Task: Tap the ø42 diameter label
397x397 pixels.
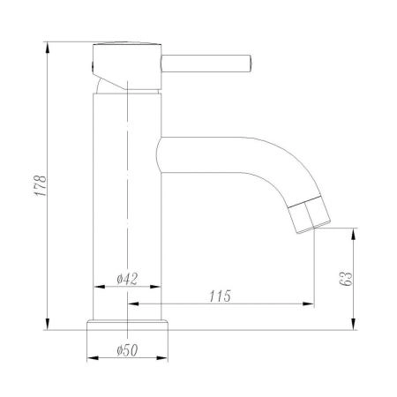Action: point(129,280)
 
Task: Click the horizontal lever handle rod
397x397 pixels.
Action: point(207,63)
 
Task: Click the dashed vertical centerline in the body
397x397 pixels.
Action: point(129,176)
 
